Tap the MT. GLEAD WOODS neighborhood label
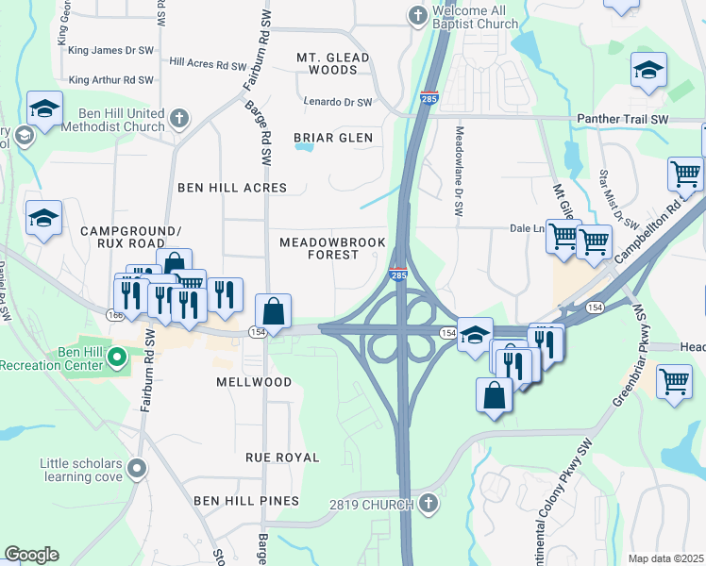pyautogui.click(x=332, y=63)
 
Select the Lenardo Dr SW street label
pyautogui.click(x=338, y=102)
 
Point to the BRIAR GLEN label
pyautogui.click(x=332, y=138)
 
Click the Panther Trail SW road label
pyautogui.click(x=621, y=120)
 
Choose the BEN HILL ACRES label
pyautogui.click(x=231, y=188)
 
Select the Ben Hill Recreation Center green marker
pyautogui.click(x=117, y=357)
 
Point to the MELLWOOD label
pyautogui.click(x=253, y=382)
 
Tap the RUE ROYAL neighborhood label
pyautogui.click(x=281, y=457)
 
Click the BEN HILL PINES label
pyautogui.click(x=246, y=500)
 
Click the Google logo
pyautogui.click(x=31, y=555)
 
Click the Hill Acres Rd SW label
pyautogui.click(x=208, y=64)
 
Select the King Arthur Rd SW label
pyautogui.click(x=110, y=80)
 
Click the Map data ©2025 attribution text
pyautogui.click(x=665, y=558)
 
